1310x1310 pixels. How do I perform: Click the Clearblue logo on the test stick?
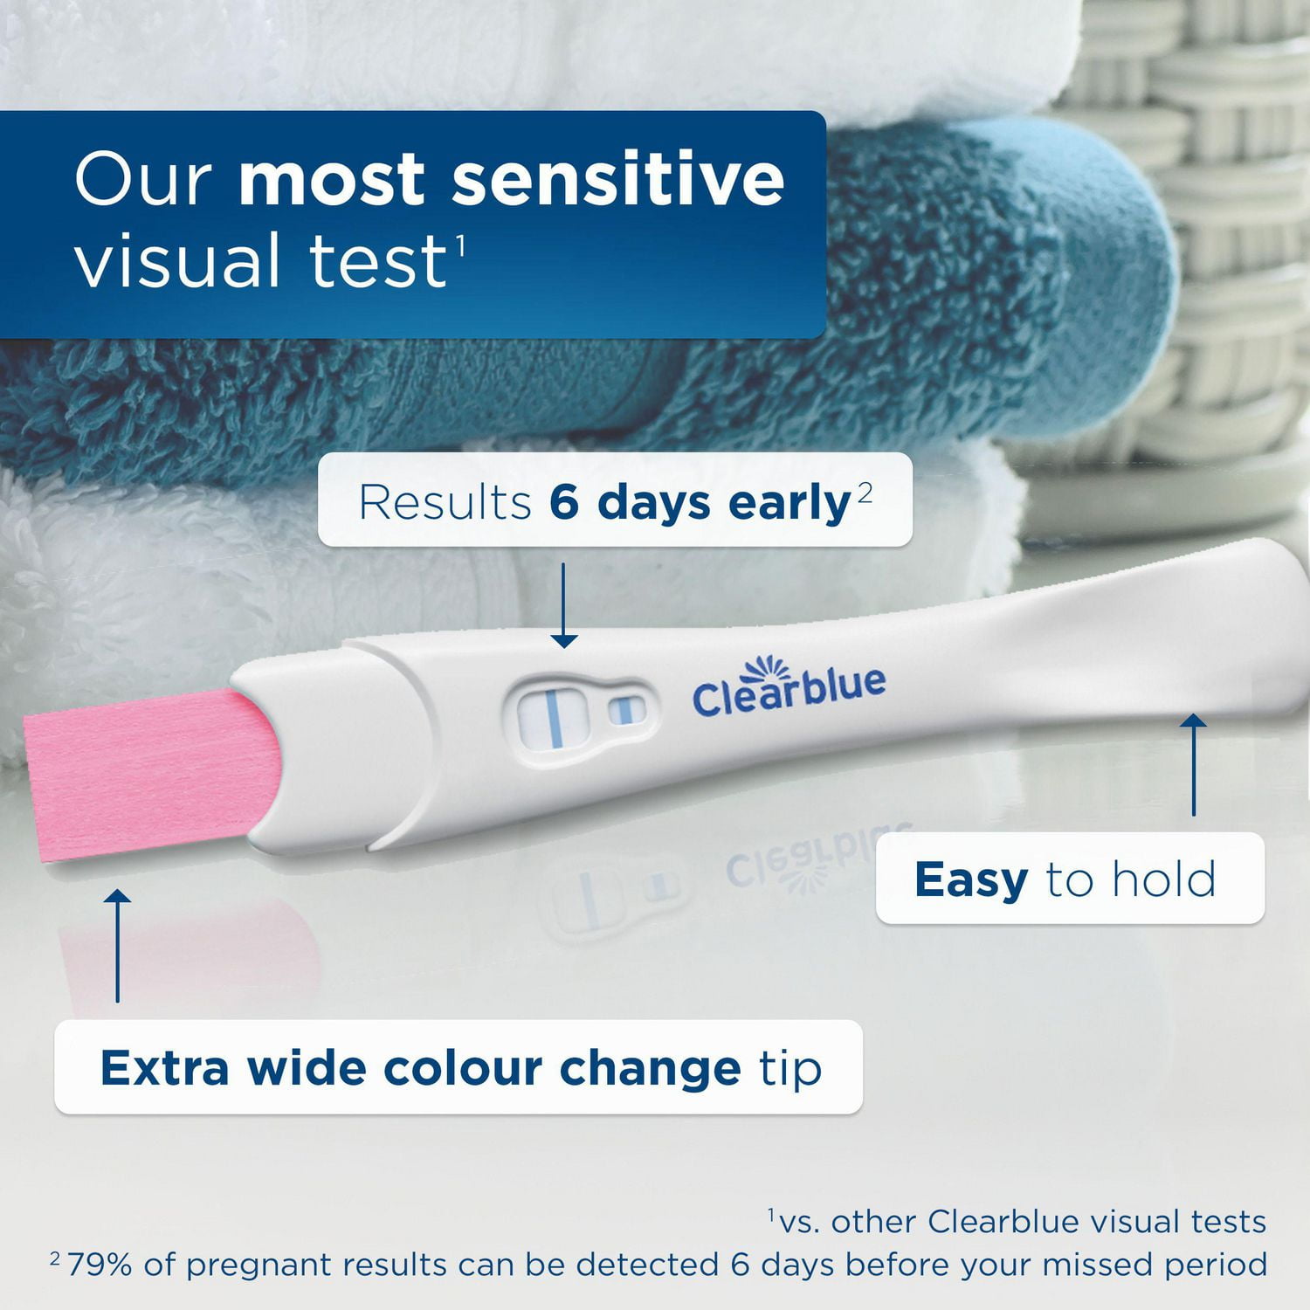pos(788,690)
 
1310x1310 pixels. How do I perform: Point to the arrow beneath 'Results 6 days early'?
pos(564,606)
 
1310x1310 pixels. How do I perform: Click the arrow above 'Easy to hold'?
pos(1193,764)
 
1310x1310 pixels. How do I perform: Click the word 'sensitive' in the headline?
pos(617,180)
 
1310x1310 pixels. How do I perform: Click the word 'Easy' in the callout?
pos(970,879)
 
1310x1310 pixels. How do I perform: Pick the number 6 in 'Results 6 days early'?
pos(564,503)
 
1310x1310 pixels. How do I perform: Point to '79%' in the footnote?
pos(100,1265)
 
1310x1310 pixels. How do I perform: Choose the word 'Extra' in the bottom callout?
pos(164,1068)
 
